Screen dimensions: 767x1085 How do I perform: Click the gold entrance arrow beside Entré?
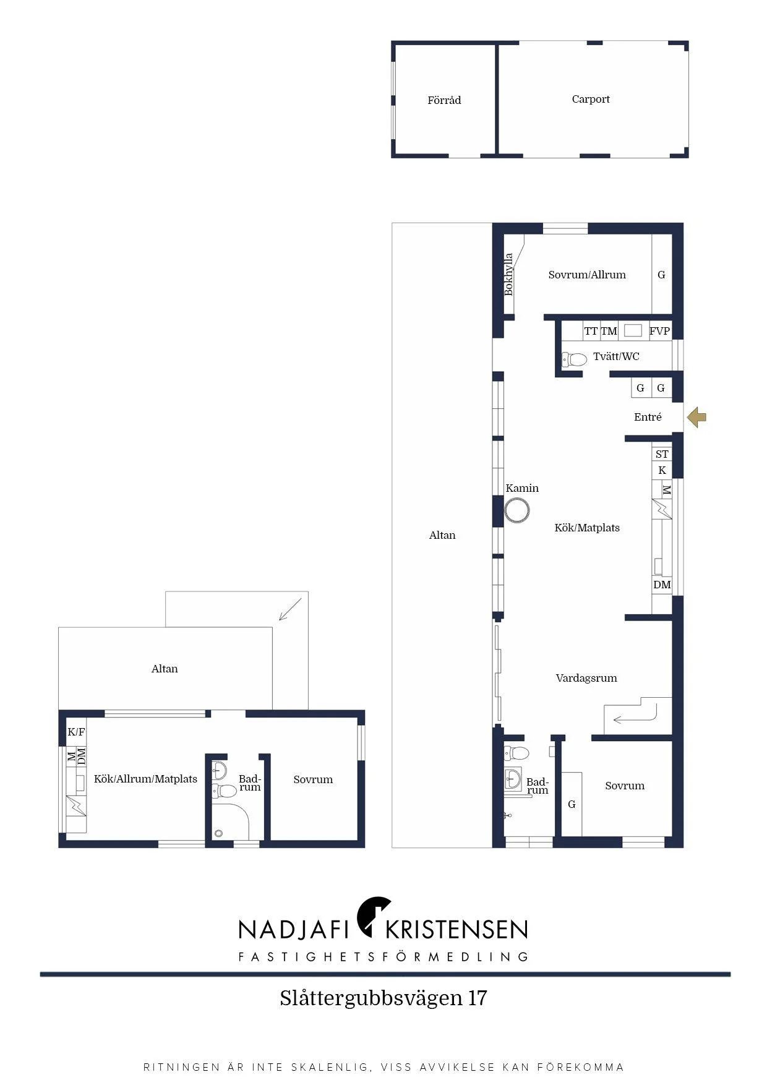click(x=696, y=417)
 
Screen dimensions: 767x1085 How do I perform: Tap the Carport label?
click(x=591, y=99)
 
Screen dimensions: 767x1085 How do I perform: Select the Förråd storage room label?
click(x=444, y=100)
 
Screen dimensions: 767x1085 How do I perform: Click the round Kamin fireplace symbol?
click(x=517, y=512)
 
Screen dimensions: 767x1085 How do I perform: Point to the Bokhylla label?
click(x=508, y=274)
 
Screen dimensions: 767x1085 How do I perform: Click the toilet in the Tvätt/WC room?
click(x=574, y=359)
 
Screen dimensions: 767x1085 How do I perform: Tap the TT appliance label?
click(x=591, y=331)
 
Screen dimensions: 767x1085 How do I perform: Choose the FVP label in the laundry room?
click(x=659, y=331)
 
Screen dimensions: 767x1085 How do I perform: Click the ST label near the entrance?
click(x=662, y=454)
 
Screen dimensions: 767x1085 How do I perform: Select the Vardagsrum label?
click(x=586, y=678)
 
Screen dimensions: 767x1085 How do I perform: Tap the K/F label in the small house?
click(x=76, y=732)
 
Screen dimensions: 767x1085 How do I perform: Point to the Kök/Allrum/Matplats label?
click(x=145, y=779)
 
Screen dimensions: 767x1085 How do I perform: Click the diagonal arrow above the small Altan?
click(x=290, y=609)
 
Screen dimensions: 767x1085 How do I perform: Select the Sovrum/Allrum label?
click(x=587, y=275)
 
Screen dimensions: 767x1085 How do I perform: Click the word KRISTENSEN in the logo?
click(x=456, y=929)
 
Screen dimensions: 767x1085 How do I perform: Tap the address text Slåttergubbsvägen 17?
click(x=383, y=998)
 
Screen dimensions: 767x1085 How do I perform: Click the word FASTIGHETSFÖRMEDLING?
click(x=383, y=957)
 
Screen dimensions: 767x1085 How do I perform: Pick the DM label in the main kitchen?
click(x=662, y=585)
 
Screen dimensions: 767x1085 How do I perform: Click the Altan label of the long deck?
click(x=442, y=535)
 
